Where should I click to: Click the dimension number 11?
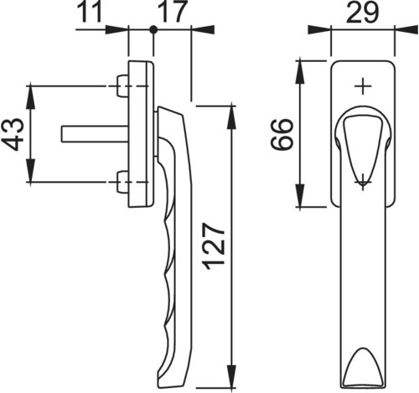click(89, 12)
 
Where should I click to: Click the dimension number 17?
click(172, 12)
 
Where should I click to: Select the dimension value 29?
click(362, 12)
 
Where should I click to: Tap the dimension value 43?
click(13, 134)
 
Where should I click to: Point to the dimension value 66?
click(282, 135)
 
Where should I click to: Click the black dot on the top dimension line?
click(153, 29)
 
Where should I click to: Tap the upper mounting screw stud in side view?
click(122, 85)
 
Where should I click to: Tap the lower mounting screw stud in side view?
click(122, 182)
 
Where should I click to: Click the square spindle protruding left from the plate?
click(95, 134)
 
